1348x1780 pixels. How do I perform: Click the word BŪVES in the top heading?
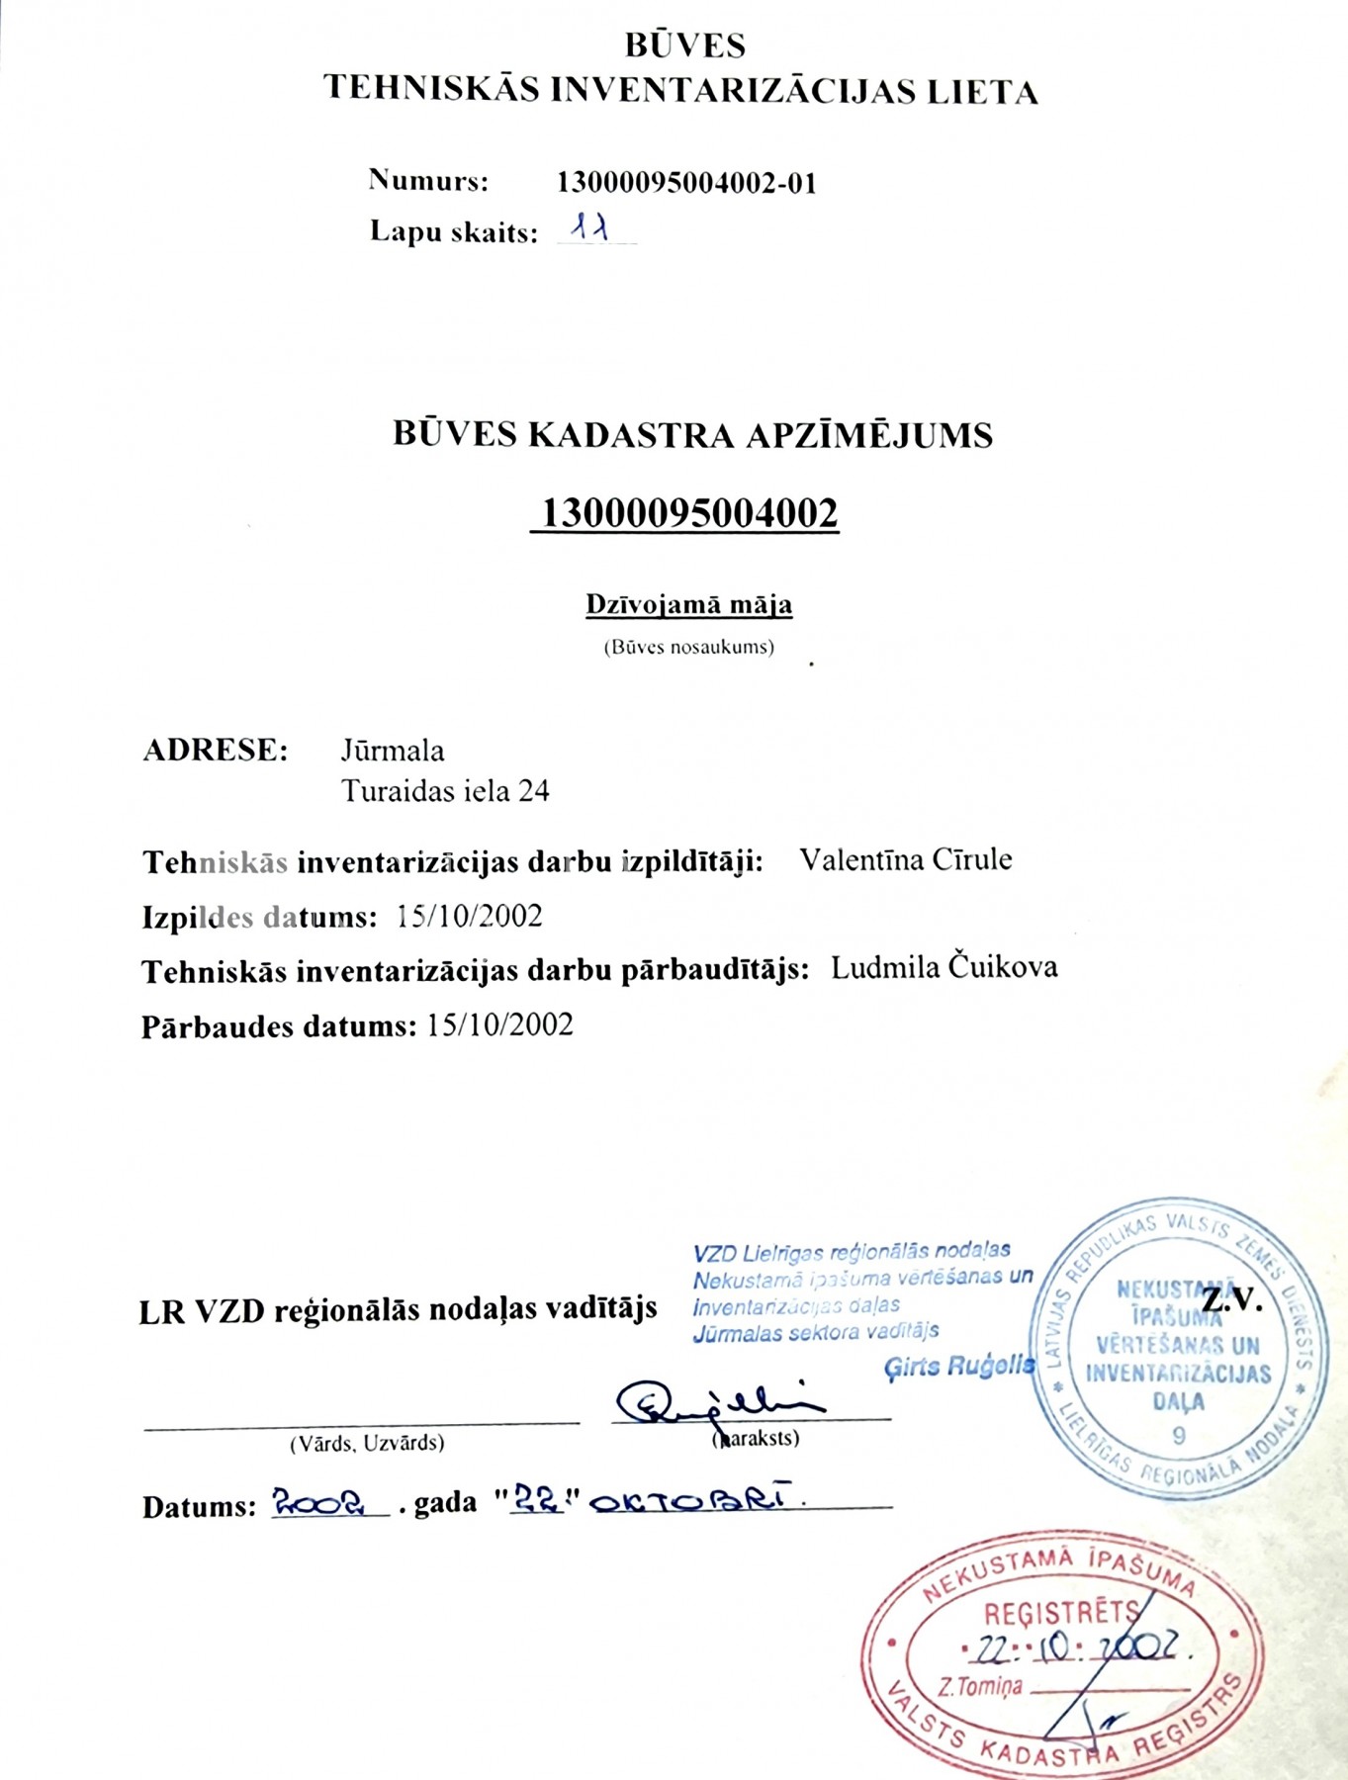click(x=684, y=45)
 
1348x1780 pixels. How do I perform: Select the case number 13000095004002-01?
click(x=686, y=183)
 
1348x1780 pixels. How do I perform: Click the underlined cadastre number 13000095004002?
click(x=684, y=513)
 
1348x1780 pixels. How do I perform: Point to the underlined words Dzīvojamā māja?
click(x=688, y=604)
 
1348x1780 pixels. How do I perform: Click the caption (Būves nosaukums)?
click(x=688, y=648)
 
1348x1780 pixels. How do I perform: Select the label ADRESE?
click(x=216, y=751)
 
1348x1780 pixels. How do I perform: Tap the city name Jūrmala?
click(x=393, y=751)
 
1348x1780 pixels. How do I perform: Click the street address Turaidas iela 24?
click(x=445, y=791)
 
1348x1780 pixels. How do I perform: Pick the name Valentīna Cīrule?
click(x=905, y=859)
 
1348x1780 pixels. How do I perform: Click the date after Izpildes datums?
click(x=469, y=916)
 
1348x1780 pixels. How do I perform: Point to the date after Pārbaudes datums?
click(x=499, y=1024)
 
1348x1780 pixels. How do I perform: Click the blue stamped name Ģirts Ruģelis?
click(x=958, y=1367)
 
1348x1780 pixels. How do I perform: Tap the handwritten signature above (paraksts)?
click(x=717, y=1402)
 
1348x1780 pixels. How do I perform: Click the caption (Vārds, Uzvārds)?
click(x=367, y=1444)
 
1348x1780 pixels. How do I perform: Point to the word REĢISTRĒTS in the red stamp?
click(x=1060, y=1614)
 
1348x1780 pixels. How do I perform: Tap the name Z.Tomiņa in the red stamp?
click(x=980, y=1687)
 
